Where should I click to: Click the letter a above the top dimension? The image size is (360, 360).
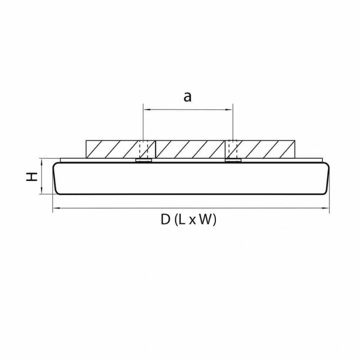tap(188, 97)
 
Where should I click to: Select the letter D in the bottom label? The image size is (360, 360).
tap(165, 220)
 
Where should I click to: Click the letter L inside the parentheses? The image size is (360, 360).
tap(181, 220)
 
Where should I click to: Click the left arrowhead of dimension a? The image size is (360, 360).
tap(145, 110)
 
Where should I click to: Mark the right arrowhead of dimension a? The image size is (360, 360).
tap(230, 110)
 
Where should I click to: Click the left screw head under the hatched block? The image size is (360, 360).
tap(144, 161)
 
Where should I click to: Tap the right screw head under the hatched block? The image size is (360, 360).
tap(233, 161)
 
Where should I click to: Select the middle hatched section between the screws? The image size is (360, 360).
tap(190, 149)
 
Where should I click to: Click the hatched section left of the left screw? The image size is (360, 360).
tap(111, 149)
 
